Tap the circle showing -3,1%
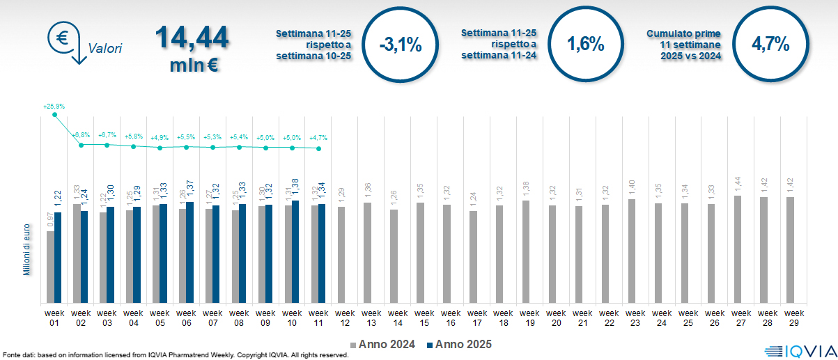coord(401,45)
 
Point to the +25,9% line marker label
coord(54,107)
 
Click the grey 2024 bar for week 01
coord(50,267)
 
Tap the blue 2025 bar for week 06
coord(189,253)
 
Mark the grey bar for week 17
coord(474,257)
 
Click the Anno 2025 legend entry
coord(460,344)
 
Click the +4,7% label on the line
coord(318,137)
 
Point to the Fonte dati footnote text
coord(175,355)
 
